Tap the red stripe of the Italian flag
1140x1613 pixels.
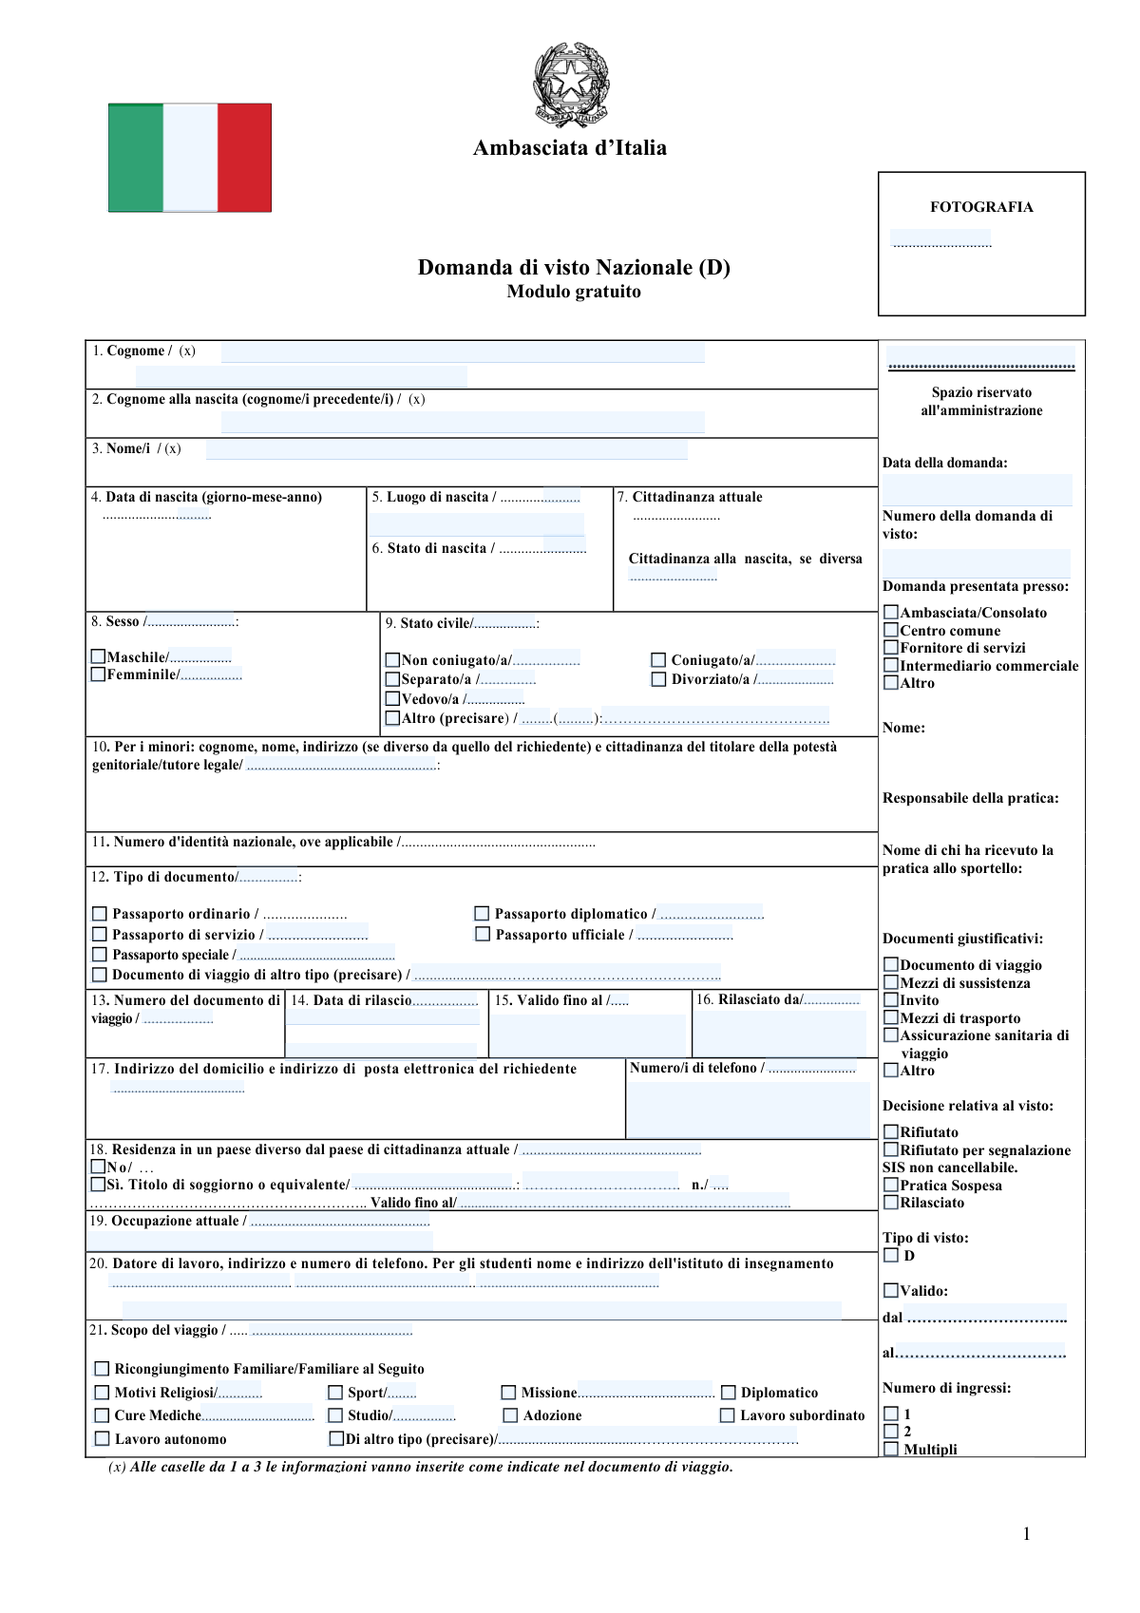tap(244, 158)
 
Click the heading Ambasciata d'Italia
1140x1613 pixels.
tap(570, 148)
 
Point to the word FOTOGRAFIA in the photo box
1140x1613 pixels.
tap(981, 207)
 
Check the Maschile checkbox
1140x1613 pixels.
tap(98, 656)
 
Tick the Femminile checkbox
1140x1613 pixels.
tap(98, 674)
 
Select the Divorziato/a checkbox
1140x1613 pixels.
tap(658, 679)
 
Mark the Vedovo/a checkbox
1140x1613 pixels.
tap(392, 698)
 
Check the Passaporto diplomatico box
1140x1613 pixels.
tap(482, 914)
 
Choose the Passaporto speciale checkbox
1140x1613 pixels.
tap(100, 954)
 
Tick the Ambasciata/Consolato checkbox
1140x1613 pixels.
tap(891, 613)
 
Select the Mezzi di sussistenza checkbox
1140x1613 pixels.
tap(891, 982)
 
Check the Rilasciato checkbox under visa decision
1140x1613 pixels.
tap(891, 1203)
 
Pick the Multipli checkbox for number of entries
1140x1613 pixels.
tap(891, 1449)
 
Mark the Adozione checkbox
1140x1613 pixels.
tap(510, 1415)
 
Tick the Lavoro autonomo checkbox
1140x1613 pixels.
tap(103, 1439)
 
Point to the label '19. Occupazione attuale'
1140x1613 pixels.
tap(167, 1221)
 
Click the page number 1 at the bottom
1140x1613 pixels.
tap(1026, 1533)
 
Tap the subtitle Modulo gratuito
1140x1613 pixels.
tap(574, 292)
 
